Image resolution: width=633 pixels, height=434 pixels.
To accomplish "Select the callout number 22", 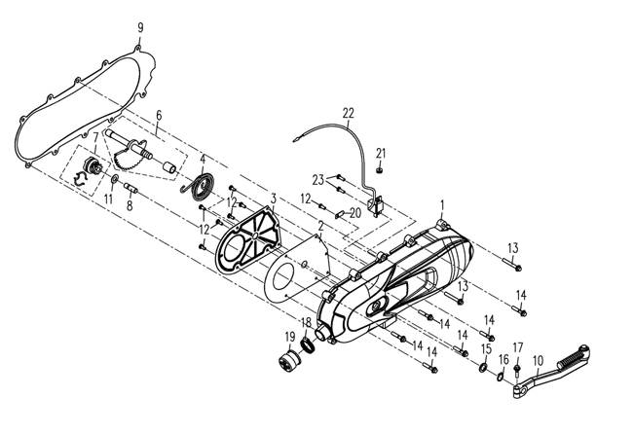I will click(348, 113).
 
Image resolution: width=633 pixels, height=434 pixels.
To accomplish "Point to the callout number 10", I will click(538, 360).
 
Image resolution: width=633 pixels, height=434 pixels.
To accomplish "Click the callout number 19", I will click(289, 338).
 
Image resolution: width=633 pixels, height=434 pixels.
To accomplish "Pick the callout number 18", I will click(305, 322).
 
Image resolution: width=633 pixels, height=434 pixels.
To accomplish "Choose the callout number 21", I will click(381, 152).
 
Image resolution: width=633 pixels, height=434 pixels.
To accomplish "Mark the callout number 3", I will click(274, 197).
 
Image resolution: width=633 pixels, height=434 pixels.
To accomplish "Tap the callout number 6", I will click(158, 115).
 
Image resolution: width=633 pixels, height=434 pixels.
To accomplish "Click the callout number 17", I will click(518, 347).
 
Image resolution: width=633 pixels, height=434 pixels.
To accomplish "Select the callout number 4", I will click(202, 159).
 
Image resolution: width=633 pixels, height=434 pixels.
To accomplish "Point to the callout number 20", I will click(355, 212).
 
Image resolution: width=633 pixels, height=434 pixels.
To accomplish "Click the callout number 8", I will click(129, 205).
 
